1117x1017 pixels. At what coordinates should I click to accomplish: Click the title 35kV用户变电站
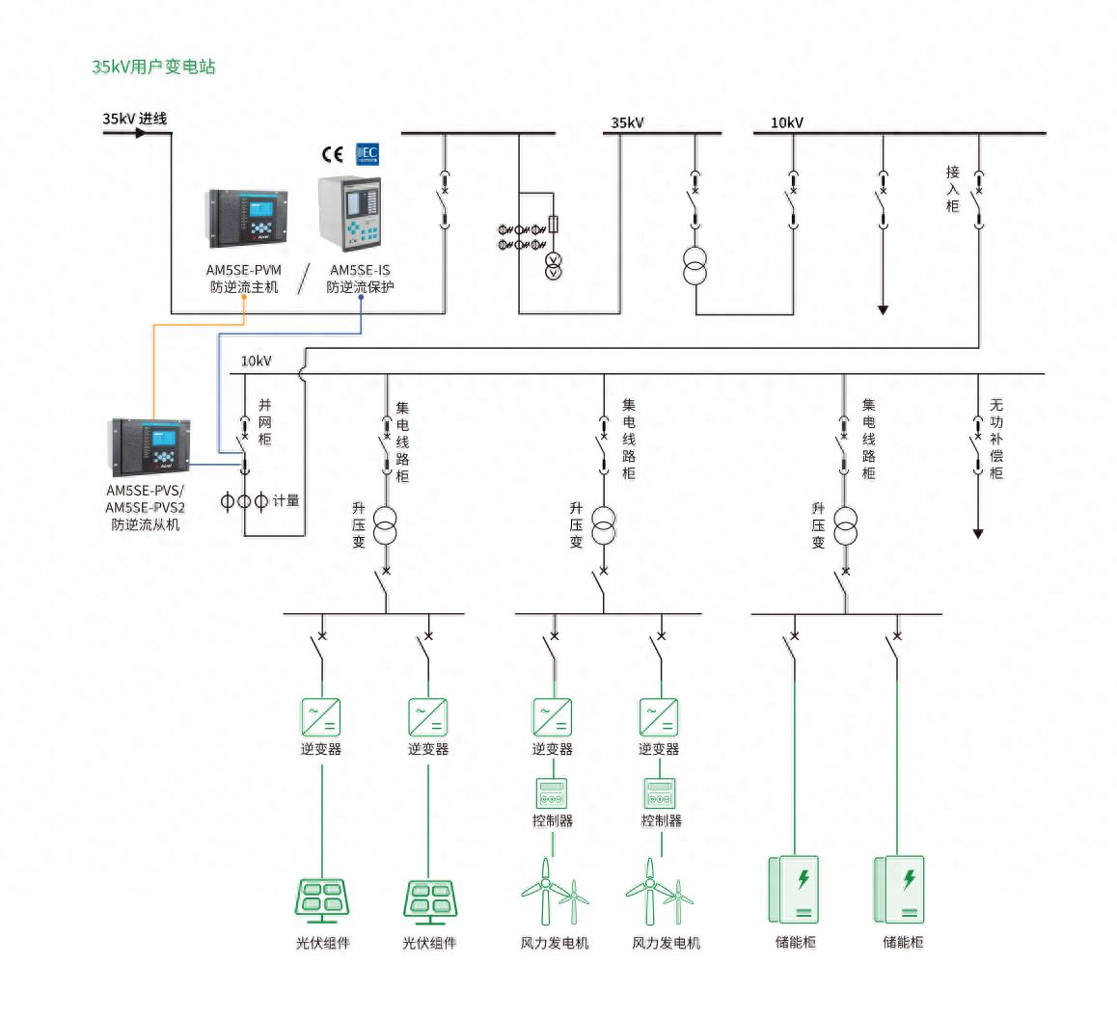(x=153, y=67)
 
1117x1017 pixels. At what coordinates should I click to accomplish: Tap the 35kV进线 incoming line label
(x=135, y=119)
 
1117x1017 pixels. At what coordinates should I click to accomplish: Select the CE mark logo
(x=333, y=154)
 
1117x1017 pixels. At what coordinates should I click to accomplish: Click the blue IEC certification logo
(x=368, y=153)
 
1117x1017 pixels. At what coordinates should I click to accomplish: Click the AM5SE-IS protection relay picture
(x=350, y=214)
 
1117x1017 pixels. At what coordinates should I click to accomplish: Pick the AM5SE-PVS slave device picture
(x=150, y=445)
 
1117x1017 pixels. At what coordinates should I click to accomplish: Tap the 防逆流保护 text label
(x=360, y=286)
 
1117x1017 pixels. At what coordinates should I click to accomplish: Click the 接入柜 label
(x=953, y=189)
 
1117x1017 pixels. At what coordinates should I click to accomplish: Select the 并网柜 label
(x=264, y=422)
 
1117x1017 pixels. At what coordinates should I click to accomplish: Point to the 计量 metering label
(x=286, y=500)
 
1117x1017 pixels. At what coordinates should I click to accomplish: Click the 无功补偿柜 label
(x=996, y=439)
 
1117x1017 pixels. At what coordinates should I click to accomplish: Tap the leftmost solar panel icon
(x=321, y=900)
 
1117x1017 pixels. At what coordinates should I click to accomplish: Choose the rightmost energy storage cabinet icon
(x=899, y=888)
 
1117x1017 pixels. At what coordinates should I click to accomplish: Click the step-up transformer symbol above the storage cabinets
(x=846, y=525)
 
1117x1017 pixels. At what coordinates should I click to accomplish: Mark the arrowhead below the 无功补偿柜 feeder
(x=977, y=533)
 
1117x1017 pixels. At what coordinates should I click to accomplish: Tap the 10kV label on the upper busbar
(x=786, y=123)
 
